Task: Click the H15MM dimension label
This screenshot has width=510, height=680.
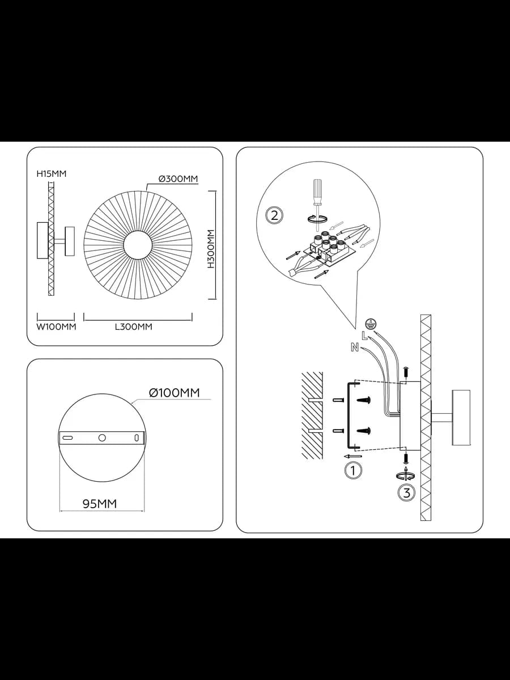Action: [52, 174]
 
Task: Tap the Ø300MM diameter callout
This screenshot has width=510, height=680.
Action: [178, 179]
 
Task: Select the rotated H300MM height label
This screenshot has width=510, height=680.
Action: [211, 249]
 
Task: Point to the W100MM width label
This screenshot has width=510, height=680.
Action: [56, 326]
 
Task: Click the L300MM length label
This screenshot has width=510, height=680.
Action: [134, 326]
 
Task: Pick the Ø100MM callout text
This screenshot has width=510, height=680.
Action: [175, 393]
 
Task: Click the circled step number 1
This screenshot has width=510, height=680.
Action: [352, 470]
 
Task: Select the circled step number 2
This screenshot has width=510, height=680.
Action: [274, 215]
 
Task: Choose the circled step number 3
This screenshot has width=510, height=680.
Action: [406, 493]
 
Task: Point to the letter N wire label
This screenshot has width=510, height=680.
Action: [355, 348]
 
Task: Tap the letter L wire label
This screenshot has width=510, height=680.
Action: [364, 335]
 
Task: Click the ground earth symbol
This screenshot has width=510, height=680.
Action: [371, 324]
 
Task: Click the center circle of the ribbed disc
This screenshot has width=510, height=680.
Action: [138, 245]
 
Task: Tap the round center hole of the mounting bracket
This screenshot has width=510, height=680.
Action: [102, 437]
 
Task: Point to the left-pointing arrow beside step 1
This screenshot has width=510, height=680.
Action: [352, 456]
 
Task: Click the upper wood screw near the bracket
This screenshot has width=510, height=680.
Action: [364, 401]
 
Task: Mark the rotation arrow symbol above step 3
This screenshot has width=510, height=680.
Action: [406, 476]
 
